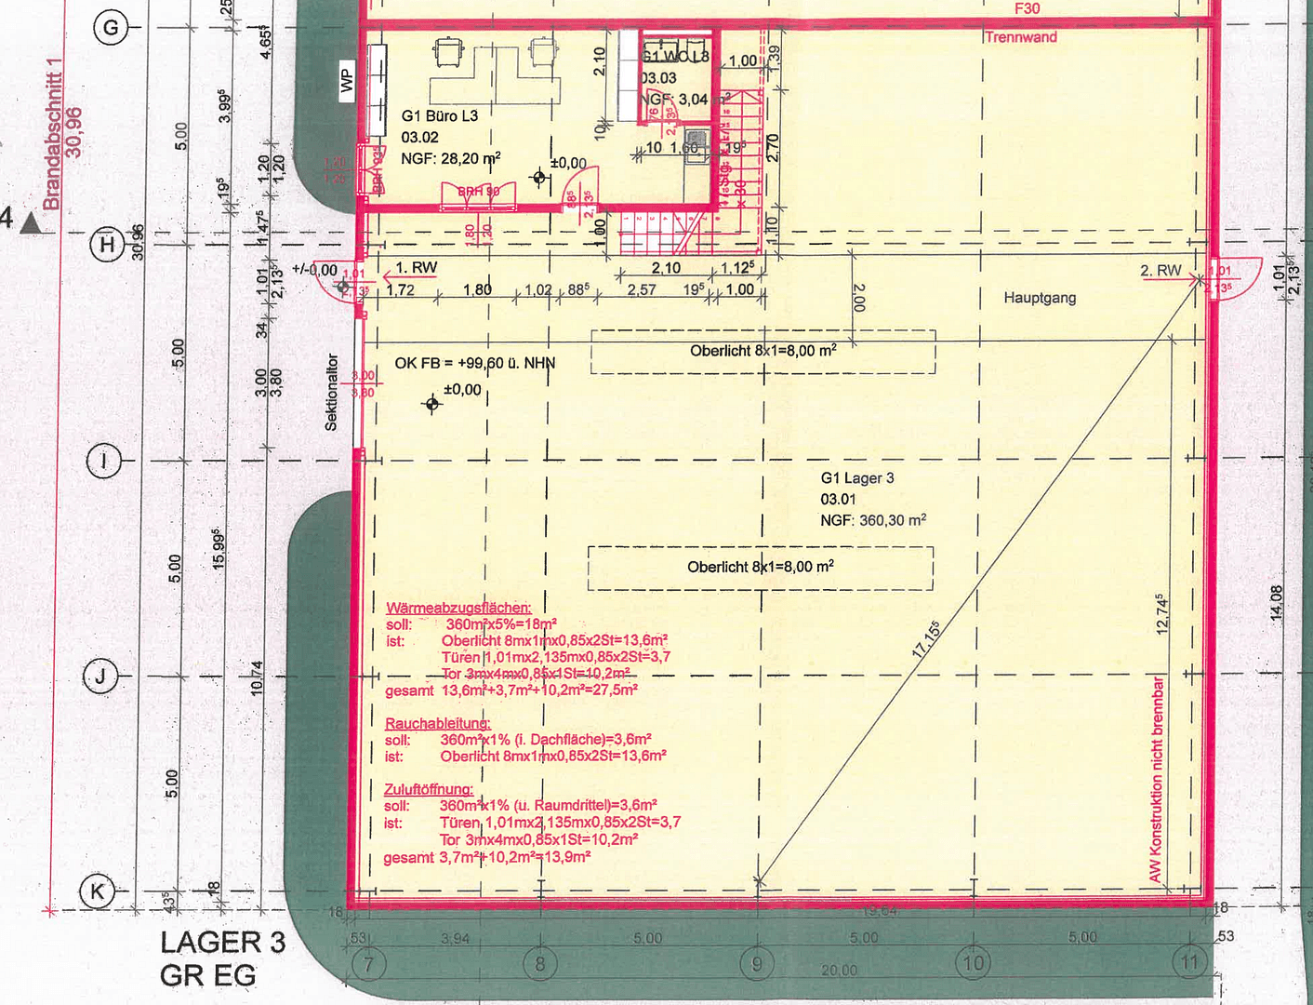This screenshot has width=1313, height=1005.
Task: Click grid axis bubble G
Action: (x=111, y=27)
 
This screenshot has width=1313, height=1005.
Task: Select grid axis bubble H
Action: (x=107, y=245)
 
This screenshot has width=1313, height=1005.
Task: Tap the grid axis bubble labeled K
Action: (x=97, y=891)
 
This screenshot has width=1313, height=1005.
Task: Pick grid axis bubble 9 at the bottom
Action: (x=757, y=963)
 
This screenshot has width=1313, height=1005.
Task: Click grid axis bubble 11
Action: (x=1190, y=962)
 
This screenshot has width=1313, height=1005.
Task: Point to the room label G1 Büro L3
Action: (x=439, y=116)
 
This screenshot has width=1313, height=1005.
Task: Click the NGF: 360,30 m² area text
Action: (x=872, y=520)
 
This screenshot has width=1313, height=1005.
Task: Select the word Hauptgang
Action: (x=1040, y=298)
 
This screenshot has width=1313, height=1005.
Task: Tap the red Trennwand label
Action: (x=1020, y=37)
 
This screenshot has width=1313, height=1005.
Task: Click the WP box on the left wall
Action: (x=347, y=81)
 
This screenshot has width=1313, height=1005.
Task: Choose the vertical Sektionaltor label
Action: (x=331, y=392)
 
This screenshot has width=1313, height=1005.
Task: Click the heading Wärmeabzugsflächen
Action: (x=458, y=608)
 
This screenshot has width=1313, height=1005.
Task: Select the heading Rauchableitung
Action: (x=437, y=723)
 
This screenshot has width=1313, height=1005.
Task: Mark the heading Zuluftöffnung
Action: (x=428, y=789)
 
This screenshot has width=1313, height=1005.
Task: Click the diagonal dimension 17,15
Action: (x=926, y=640)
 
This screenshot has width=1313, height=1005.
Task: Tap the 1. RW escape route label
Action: (x=416, y=268)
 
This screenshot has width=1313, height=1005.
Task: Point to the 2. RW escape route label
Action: (x=1160, y=271)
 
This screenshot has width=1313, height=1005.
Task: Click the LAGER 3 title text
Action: (x=222, y=942)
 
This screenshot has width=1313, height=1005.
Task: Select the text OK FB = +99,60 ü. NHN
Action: (x=474, y=363)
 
